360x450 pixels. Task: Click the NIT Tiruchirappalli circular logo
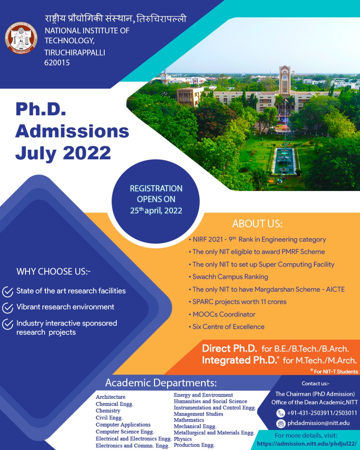click(21, 38)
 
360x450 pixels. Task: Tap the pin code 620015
click(57, 63)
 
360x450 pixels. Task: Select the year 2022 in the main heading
click(87, 153)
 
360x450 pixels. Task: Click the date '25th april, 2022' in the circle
click(156, 211)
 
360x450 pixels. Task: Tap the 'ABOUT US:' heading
click(257, 224)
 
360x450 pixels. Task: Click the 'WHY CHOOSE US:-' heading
click(53, 272)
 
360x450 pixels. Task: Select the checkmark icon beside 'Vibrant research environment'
click(8, 308)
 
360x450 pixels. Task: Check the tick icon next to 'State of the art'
click(8, 292)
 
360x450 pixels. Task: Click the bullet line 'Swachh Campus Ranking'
click(230, 277)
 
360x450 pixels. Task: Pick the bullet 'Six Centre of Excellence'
click(229, 327)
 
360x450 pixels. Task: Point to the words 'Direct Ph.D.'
click(230, 349)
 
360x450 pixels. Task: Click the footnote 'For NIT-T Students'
click(336, 372)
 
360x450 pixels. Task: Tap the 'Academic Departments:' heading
click(161, 383)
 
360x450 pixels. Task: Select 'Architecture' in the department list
click(110, 397)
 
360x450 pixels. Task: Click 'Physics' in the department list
click(183, 439)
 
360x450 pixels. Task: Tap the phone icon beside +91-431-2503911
click(281, 413)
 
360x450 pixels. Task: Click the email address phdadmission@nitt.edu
click(319, 423)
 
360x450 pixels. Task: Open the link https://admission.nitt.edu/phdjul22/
click(307, 444)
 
